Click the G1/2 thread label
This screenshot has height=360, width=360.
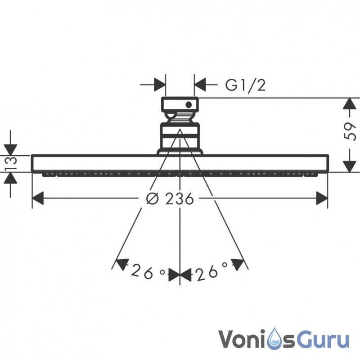click(x=245, y=85)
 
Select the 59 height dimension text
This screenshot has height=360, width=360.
click(x=350, y=131)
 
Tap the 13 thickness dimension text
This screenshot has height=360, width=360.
click(x=11, y=163)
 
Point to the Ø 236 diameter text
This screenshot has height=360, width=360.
click(x=170, y=198)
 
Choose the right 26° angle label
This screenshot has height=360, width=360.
click(x=211, y=271)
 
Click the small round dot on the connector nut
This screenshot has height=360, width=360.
click(x=189, y=105)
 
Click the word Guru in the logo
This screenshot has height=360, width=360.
click(x=325, y=339)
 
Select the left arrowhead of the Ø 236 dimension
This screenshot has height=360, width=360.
click(x=38, y=198)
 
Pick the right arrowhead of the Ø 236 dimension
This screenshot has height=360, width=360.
click(x=322, y=198)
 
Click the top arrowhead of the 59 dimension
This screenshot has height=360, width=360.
click(x=349, y=104)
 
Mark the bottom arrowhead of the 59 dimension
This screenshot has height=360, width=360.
click(x=349, y=166)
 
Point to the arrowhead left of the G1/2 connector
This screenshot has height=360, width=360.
click(x=160, y=85)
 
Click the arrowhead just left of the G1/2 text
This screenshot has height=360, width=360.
click(x=200, y=85)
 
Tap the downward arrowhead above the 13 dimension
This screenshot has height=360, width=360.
click(x=10, y=150)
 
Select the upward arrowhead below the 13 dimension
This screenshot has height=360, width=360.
click(x=10, y=178)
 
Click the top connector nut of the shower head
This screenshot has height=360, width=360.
click(x=180, y=105)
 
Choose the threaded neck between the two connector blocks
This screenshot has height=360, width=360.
click(x=180, y=118)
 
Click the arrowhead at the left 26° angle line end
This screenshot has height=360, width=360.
click(x=121, y=264)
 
